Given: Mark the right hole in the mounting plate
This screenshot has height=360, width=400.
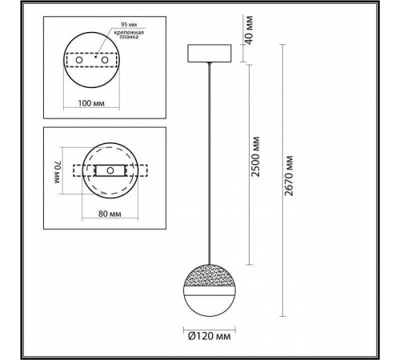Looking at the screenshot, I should pyautogui.click(x=104, y=60).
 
